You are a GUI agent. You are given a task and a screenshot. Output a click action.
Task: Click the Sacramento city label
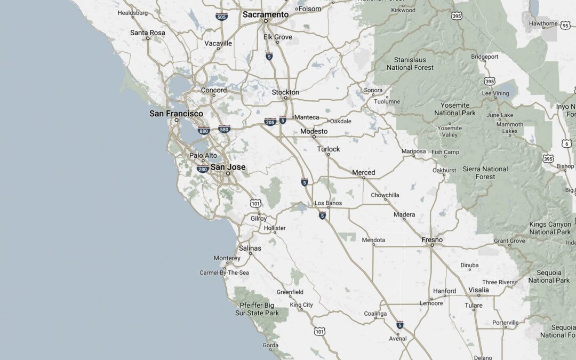click(x=266, y=15)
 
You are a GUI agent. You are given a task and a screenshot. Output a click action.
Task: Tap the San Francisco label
click(x=176, y=114)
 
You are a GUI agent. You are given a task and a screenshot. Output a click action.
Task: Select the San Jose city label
click(x=228, y=167)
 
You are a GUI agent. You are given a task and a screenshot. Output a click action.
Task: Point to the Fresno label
click(x=432, y=240)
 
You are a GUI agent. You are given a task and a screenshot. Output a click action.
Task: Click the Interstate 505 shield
click(x=221, y=16)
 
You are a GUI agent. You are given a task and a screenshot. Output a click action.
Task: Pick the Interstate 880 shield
click(x=203, y=131)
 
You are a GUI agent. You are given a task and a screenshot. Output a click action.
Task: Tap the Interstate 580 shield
click(x=224, y=129)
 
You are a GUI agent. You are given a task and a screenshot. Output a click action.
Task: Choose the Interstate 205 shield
click(x=270, y=122)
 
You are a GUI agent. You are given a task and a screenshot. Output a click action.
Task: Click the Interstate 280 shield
click(x=202, y=170)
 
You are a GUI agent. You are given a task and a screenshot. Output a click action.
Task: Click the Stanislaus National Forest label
click(x=410, y=63)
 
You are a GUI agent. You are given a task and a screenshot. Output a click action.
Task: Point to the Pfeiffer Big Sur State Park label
click(x=257, y=309)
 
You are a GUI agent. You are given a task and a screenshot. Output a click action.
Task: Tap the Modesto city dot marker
click(x=314, y=137)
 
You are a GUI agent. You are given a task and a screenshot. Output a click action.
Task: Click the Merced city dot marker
click(x=364, y=178)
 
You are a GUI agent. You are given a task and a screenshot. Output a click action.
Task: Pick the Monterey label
click(x=227, y=258)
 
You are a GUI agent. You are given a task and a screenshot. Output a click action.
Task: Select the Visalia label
click(x=478, y=290)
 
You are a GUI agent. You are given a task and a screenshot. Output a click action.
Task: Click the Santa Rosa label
click(x=148, y=33)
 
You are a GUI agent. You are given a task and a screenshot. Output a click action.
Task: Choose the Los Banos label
click(x=328, y=203)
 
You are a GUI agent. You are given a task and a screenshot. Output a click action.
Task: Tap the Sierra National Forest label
click(x=485, y=173)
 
